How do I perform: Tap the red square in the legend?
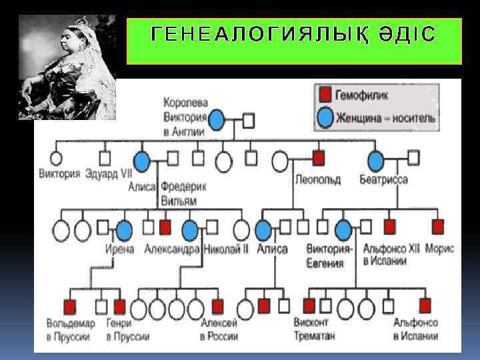[325, 95]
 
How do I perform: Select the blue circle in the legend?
[325, 118]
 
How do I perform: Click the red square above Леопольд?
[319, 158]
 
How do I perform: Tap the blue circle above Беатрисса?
[376, 160]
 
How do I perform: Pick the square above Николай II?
[212, 227]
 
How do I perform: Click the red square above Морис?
[438, 227]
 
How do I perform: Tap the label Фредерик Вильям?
[182, 193]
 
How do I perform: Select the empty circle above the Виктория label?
[56, 159]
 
